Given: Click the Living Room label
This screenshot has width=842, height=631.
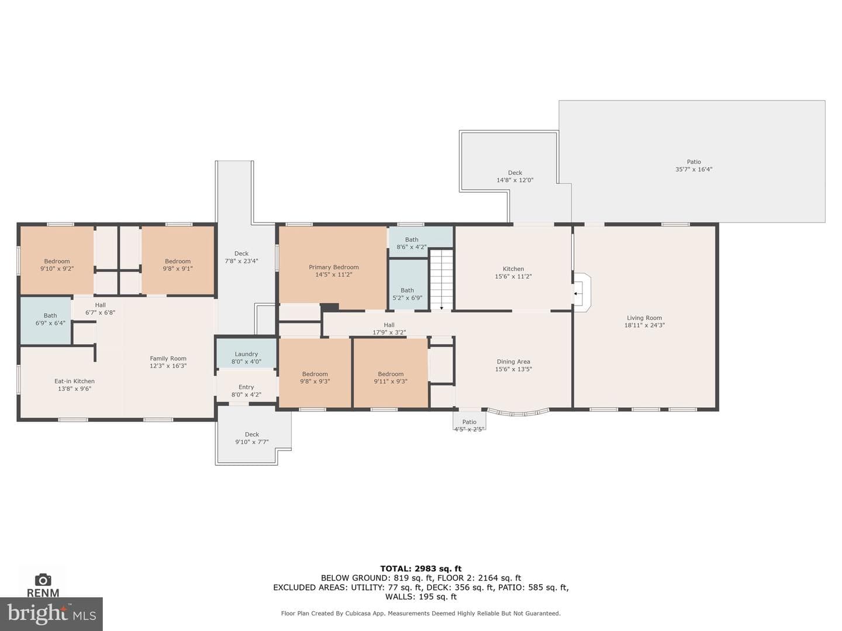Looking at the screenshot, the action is click(644, 318).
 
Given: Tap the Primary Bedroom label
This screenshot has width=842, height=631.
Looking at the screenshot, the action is click(334, 267).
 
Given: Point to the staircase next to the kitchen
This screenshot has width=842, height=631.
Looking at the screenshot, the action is click(441, 279).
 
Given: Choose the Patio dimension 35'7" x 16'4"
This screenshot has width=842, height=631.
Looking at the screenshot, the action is click(693, 169).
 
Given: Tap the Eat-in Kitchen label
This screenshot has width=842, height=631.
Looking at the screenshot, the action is click(74, 381).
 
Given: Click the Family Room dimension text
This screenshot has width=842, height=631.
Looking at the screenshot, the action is click(168, 366).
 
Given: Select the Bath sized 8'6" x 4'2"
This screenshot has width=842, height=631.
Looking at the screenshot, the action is click(421, 242).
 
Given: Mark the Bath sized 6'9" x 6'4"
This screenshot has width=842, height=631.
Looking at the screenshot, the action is click(45, 320).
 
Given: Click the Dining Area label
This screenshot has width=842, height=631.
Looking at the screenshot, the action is click(513, 361).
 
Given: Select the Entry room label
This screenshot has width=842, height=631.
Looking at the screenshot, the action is click(246, 387).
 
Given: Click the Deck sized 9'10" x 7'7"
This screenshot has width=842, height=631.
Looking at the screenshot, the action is click(251, 436).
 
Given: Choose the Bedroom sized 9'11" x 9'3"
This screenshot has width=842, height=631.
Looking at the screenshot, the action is click(391, 373).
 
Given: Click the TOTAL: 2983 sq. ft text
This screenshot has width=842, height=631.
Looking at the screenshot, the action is click(421, 568).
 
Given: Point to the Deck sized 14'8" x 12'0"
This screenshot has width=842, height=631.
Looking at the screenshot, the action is click(515, 176).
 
